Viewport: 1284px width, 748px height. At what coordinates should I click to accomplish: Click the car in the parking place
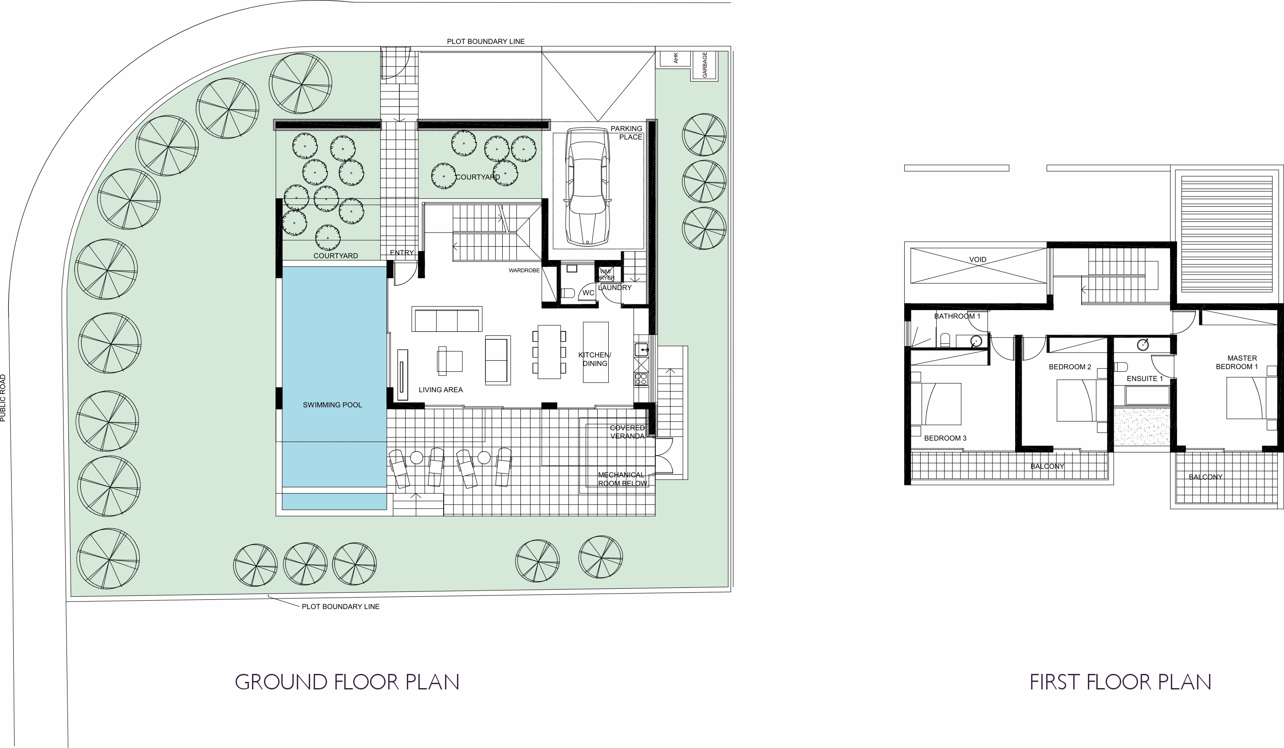pyautogui.click(x=587, y=186)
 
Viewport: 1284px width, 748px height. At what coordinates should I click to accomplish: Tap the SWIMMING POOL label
pyautogui.click(x=332, y=405)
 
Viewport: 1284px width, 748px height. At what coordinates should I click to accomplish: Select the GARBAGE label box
pyautogui.click(x=705, y=65)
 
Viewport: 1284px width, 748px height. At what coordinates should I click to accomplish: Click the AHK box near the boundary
pyautogui.click(x=675, y=58)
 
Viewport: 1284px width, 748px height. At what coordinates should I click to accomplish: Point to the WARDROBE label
pyautogui.click(x=524, y=271)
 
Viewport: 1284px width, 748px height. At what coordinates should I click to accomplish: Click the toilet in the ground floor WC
pyautogui.click(x=567, y=293)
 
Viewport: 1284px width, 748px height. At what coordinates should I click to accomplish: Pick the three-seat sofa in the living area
pyautogui.click(x=447, y=319)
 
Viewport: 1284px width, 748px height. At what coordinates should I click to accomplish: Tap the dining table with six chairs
pyautogui.click(x=549, y=351)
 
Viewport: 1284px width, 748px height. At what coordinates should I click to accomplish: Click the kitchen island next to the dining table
pyautogui.click(x=595, y=351)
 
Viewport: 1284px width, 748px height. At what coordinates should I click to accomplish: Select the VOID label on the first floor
pyautogui.click(x=977, y=260)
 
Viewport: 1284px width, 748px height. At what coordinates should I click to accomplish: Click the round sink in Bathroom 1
pyautogui.click(x=976, y=341)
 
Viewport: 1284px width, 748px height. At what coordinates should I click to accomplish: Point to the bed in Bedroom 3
pyautogui.click(x=936, y=404)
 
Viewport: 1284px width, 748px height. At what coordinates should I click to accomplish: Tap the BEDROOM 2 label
pyautogui.click(x=1070, y=367)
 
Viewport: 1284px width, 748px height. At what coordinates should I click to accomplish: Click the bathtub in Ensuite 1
pyautogui.click(x=1141, y=395)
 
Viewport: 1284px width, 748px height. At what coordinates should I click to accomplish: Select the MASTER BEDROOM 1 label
pyautogui.click(x=1237, y=362)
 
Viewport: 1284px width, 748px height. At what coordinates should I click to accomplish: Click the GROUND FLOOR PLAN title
pyautogui.click(x=347, y=682)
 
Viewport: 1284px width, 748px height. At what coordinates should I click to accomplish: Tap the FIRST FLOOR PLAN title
pyautogui.click(x=1120, y=682)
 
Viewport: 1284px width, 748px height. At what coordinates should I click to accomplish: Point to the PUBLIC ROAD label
pyautogui.click(x=3, y=398)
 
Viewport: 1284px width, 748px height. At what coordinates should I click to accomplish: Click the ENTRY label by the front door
pyautogui.click(x=402, y=253)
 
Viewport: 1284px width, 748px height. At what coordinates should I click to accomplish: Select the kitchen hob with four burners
pyautogui.click(x=641, y=379)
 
